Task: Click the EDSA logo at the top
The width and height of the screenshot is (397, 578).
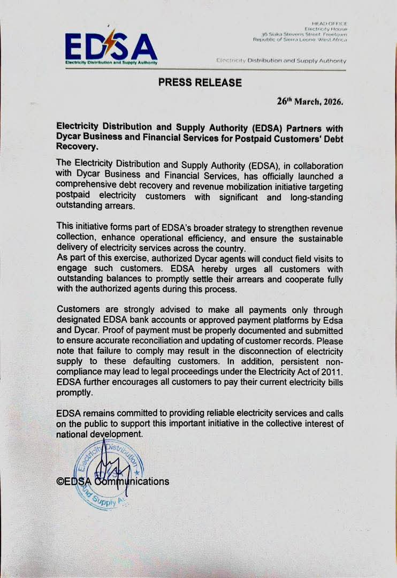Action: [x=111, y=48]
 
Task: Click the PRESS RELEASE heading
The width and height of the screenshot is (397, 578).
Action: [x=200, y=82]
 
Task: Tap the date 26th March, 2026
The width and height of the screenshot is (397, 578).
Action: [x=310, y=101]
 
